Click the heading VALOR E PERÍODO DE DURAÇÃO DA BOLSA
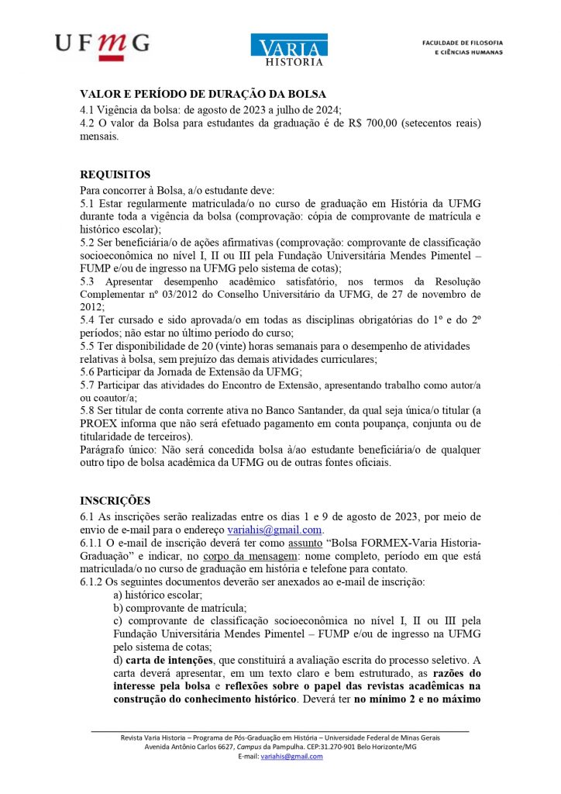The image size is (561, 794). tap(203, 95)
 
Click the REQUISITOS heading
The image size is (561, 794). tap(115, 174)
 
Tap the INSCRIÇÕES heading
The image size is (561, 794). tap(115, 501)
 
